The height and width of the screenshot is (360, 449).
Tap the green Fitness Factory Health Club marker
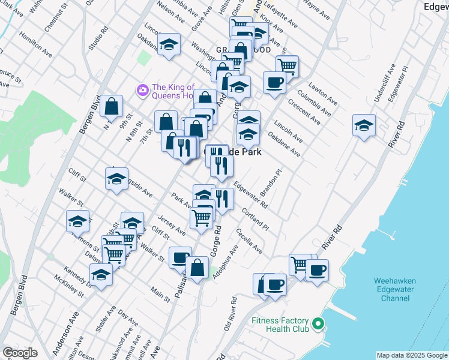pyautogui.click(x=319, y=325)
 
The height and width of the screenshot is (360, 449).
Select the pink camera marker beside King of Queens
pyautogui.click(x=142, y=91)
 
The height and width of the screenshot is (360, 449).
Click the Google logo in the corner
pyautogui.click(x=20, y=353)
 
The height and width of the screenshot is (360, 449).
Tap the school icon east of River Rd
pyautogui.click(x=364, y=125)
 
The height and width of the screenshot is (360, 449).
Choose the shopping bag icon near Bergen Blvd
pyautogui.click(x=112, y=107)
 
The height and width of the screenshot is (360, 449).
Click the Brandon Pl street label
pyautogui.click(x=271, y=184)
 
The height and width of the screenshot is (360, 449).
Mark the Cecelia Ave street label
pyautogui.click(x=249, y=241)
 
